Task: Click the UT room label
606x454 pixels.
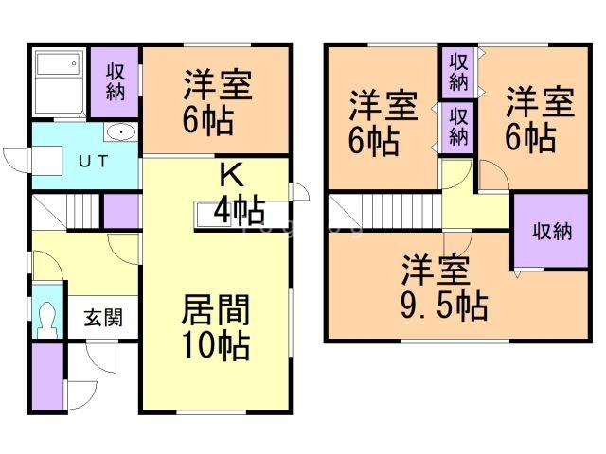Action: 92,161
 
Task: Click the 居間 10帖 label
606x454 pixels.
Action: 216,327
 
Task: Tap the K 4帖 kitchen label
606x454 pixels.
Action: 238,192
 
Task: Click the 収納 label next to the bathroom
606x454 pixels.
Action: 116,81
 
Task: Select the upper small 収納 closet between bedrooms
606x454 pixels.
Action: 458,72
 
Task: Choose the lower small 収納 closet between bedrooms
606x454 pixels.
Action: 458,127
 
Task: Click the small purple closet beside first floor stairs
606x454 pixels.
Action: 120,211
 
